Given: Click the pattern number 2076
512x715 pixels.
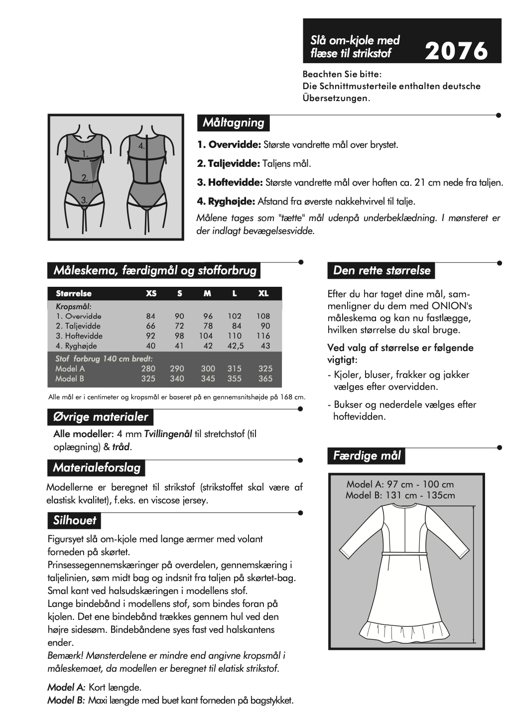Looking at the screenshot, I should pos(456,51).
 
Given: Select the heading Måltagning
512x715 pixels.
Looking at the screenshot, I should pos(233,122).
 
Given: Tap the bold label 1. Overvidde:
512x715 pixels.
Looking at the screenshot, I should pos(229,145).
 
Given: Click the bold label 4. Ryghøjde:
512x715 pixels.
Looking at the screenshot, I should pos(226,202).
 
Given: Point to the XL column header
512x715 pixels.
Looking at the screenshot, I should pos(263,294).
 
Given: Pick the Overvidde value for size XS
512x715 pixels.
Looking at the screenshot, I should pos(151,316).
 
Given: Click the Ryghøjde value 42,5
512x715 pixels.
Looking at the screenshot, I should pos(235,346).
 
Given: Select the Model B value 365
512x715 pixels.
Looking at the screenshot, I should pos(265,379).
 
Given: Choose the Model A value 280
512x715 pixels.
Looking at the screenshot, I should pos(148,369).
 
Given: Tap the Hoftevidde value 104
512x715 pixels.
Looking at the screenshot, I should pos(206,336).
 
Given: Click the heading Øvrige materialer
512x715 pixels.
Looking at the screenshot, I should pos(101,417).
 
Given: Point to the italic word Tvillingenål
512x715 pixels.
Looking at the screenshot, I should pos(168,434).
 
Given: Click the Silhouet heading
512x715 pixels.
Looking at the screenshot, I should pos(75,521).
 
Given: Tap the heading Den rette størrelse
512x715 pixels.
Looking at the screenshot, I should pos(382,270).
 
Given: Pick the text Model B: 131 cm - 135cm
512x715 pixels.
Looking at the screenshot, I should pos(400,495).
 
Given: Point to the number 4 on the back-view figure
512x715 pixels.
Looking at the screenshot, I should pos(141,146).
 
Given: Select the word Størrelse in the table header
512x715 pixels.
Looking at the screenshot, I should pos(74,294).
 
